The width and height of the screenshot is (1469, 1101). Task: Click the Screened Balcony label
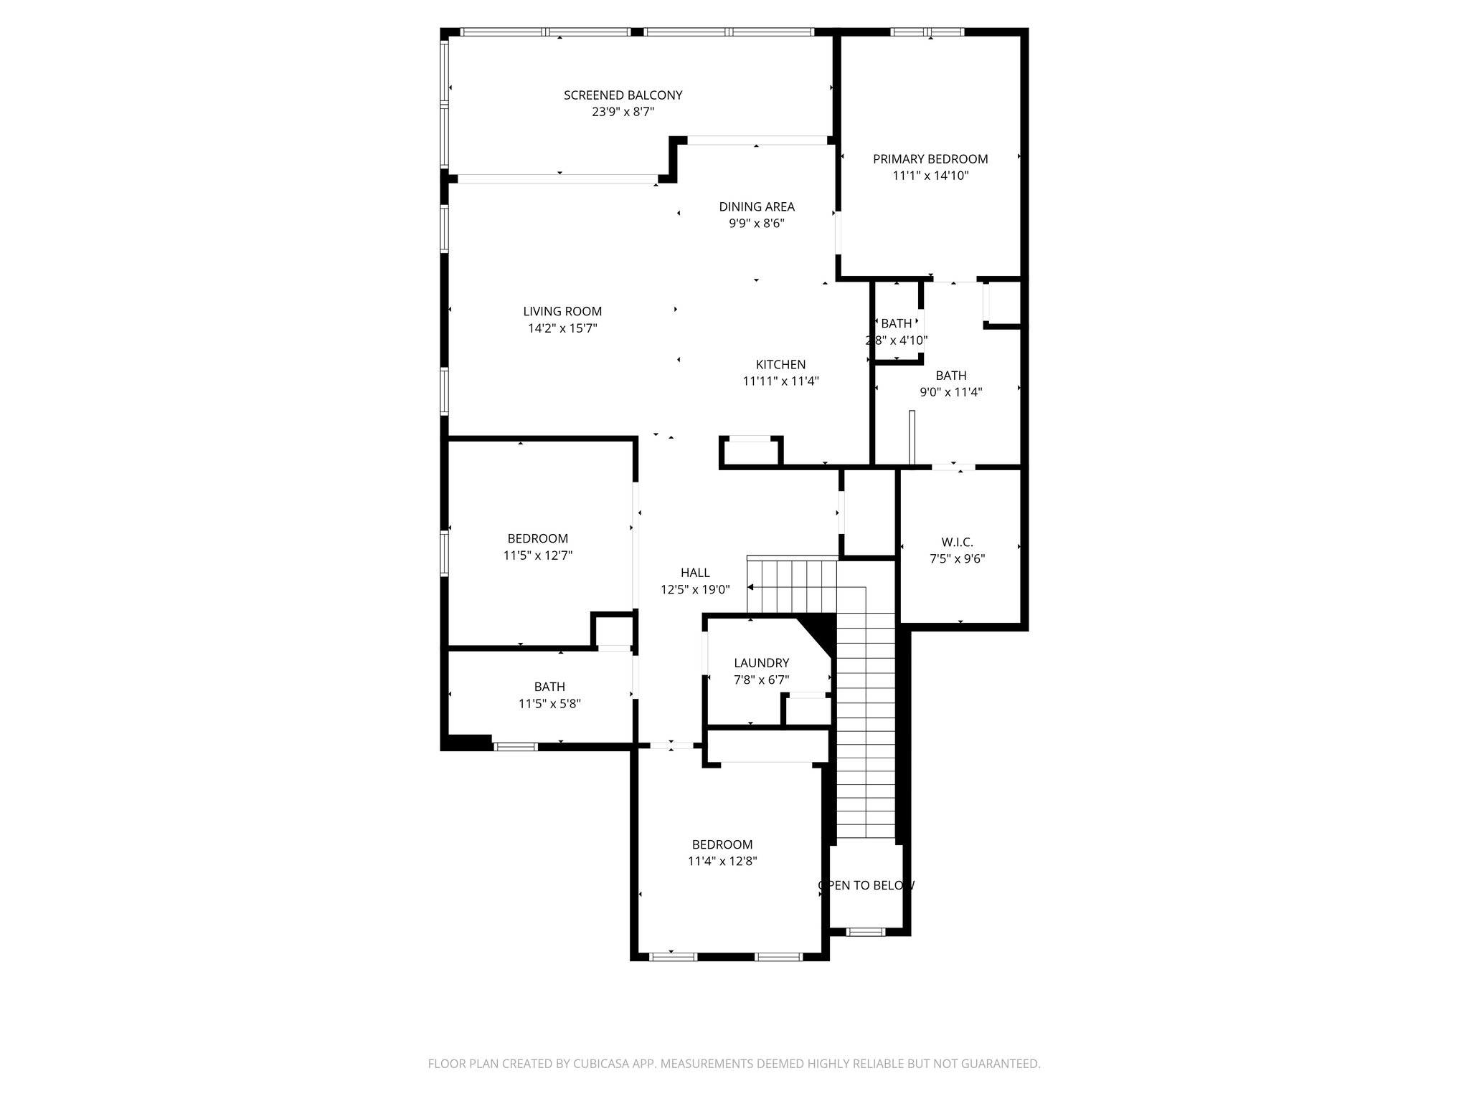tap(623, 95)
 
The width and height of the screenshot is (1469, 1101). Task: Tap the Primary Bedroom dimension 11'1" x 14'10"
tap(930, 176)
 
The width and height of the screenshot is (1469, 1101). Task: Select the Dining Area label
tap(757, 207)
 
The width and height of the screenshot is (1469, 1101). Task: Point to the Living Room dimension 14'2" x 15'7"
tap(562, 328)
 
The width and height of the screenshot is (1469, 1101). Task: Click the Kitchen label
tap(780, 365)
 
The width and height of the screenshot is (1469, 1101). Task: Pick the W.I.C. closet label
tap(957, 543)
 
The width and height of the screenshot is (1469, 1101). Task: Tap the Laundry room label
tap(761, 663)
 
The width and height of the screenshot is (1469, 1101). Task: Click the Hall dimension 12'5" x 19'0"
tap(695, 590)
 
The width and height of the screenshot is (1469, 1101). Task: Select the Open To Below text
tap(866, 885)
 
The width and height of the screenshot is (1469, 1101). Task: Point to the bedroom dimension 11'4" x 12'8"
tap(722, 862)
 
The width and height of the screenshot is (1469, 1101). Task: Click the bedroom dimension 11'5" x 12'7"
tap(537, 556)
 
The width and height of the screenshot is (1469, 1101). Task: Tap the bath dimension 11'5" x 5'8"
tap(549, 704)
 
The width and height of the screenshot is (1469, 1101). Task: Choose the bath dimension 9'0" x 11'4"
tap(950, 392)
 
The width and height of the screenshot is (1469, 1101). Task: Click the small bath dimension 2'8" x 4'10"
tap(897, 340)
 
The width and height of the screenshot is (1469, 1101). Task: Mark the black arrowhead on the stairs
tap(751, 588)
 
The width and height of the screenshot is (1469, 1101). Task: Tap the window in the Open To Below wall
tap(866, 932)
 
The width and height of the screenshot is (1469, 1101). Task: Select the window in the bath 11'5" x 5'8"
tap(516, 747)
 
